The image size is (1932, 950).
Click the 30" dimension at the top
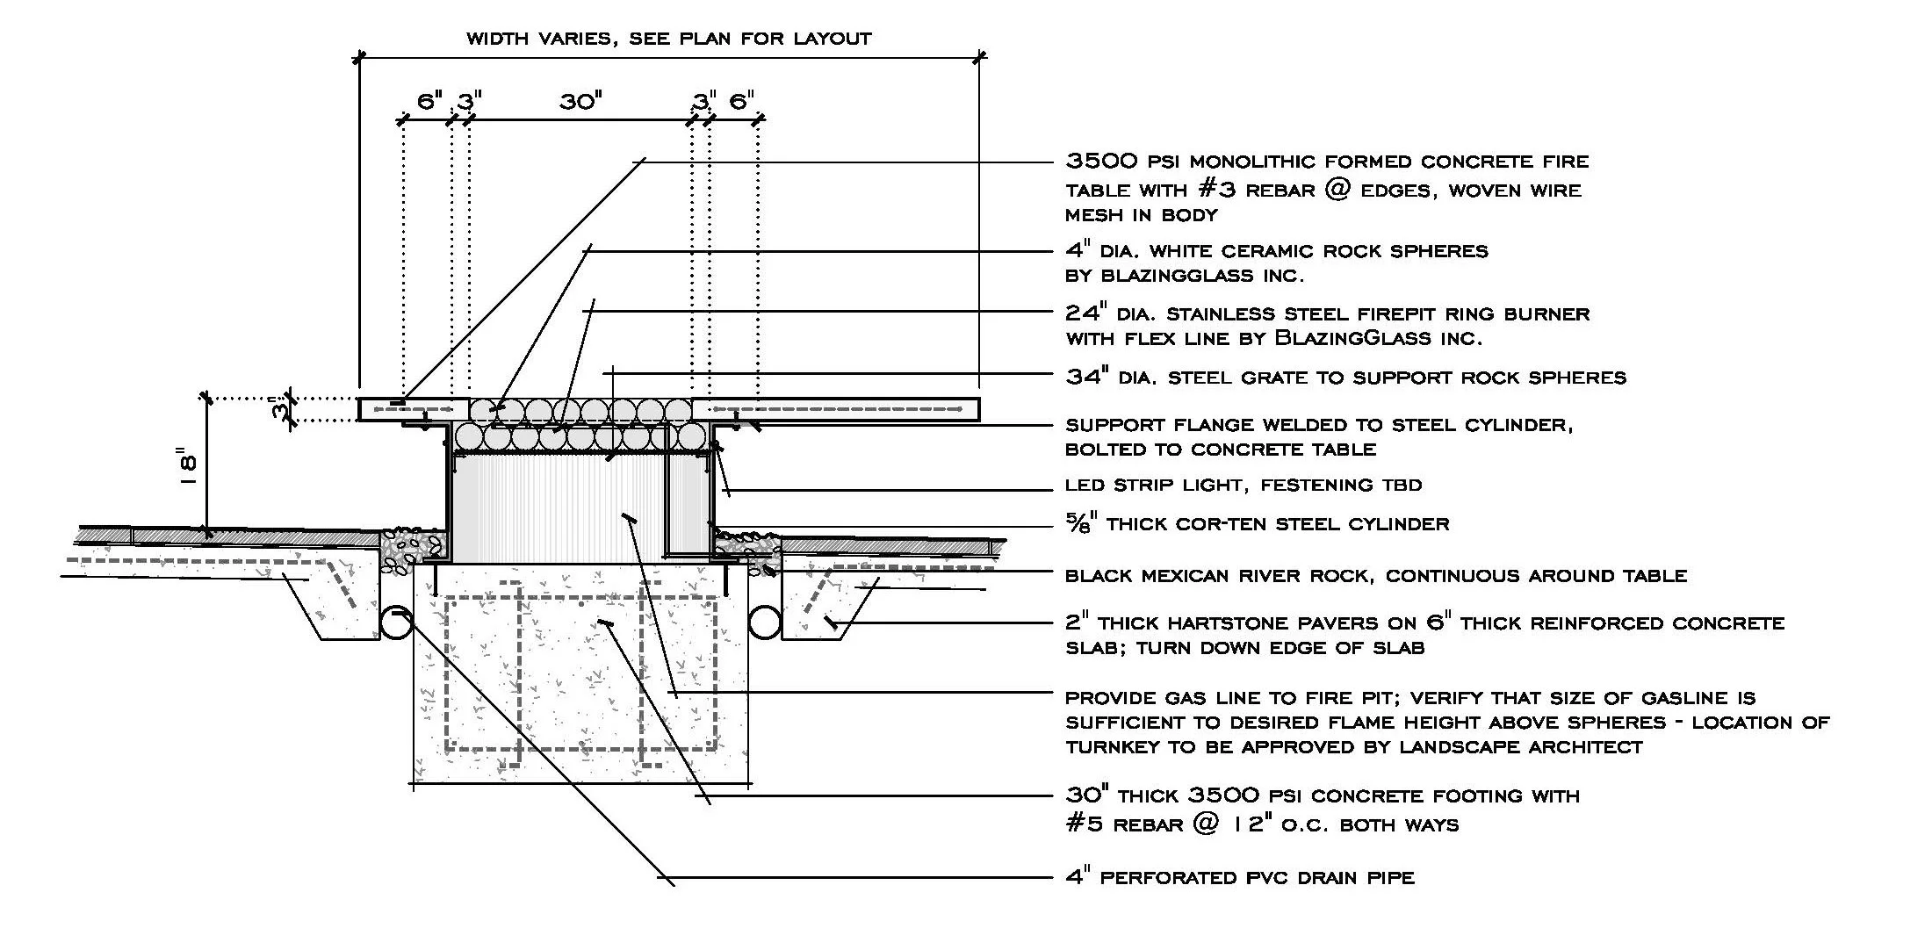tap(580, 102)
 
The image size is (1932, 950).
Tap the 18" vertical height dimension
tap(186, 471)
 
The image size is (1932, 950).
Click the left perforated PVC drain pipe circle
tap(396, 623)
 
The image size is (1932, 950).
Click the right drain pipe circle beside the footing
tap(765, 623)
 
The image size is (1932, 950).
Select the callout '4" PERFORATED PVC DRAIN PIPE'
tap(1239, 877)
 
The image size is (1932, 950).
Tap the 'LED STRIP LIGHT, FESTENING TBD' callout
tap(1243, 485)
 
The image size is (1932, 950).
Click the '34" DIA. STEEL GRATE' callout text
tap(1344, 378)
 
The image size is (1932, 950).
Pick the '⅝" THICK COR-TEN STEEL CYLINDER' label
tap(1257, 524)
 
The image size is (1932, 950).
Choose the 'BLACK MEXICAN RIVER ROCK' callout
tap(1375, 576)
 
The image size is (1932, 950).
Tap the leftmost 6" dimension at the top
tap(429, 102)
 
